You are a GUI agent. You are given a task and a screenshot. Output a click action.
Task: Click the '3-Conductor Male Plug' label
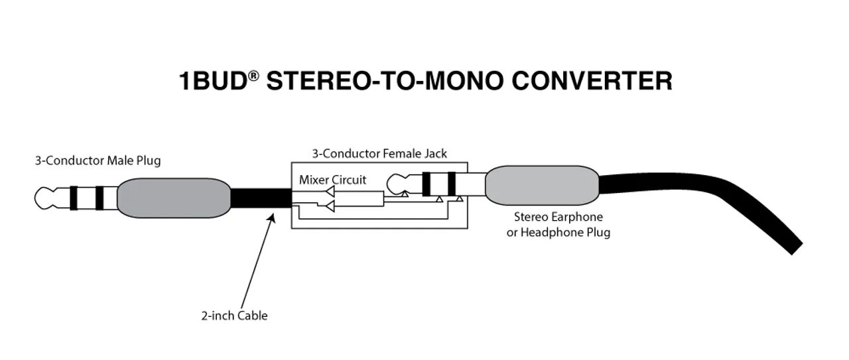pos(98,160)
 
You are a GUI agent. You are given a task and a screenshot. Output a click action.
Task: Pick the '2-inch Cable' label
pos(234,316)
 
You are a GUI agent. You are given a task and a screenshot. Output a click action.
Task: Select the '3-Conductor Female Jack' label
pos(379,154)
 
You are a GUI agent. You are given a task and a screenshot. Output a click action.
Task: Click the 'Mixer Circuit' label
pos(332,180)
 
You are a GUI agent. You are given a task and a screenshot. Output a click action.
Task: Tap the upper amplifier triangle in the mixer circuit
pos(329,193)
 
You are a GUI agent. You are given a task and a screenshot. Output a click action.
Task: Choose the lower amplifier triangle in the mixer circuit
pos(329,207)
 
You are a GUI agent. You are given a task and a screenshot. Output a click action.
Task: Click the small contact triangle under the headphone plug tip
pos(405,195)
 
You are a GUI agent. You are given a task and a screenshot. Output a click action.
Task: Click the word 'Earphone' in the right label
pos(577,217)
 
